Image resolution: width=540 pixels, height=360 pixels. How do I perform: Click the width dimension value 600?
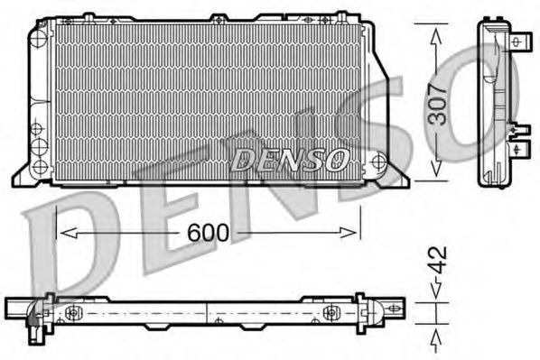[208, 233]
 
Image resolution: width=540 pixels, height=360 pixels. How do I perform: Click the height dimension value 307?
[437, 105]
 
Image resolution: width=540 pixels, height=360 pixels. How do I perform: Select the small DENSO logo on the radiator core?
[290, 160]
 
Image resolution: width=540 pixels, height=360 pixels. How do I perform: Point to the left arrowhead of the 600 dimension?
[69, 233]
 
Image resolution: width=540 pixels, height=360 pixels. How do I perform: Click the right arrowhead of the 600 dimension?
[349, 233]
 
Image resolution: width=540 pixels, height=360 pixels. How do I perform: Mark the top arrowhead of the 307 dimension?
[436, 36]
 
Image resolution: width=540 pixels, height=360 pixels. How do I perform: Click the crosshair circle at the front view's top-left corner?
[39, 37]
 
